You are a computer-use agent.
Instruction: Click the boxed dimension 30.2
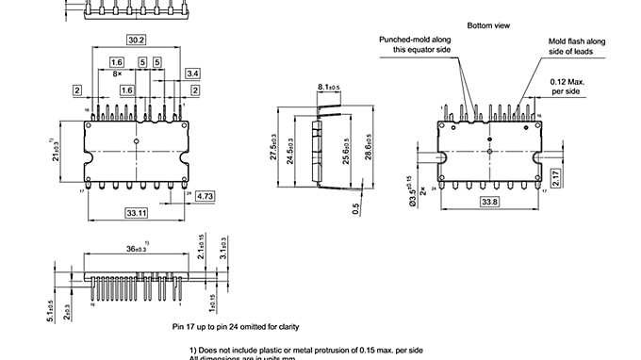(136, 40)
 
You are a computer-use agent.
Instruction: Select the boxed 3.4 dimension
(192, 73)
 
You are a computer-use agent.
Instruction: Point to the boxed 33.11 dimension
(136, 214)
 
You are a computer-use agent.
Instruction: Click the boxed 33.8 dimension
(490, 201)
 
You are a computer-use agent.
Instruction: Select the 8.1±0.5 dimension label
(329, 88)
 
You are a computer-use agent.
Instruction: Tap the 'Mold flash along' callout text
(577, 41)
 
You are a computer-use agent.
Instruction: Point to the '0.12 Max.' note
(570, 82)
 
